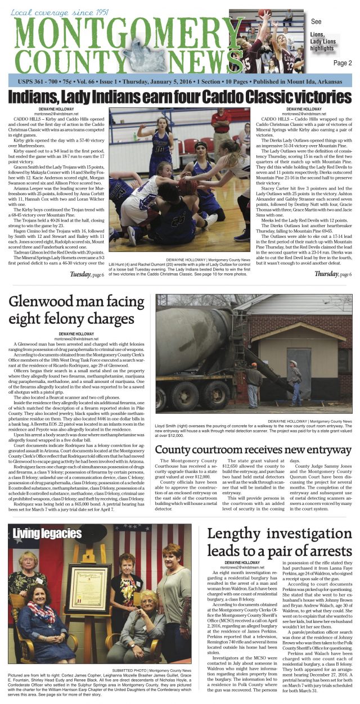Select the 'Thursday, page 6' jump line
point(334,274)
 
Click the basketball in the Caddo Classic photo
point(187,184)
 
